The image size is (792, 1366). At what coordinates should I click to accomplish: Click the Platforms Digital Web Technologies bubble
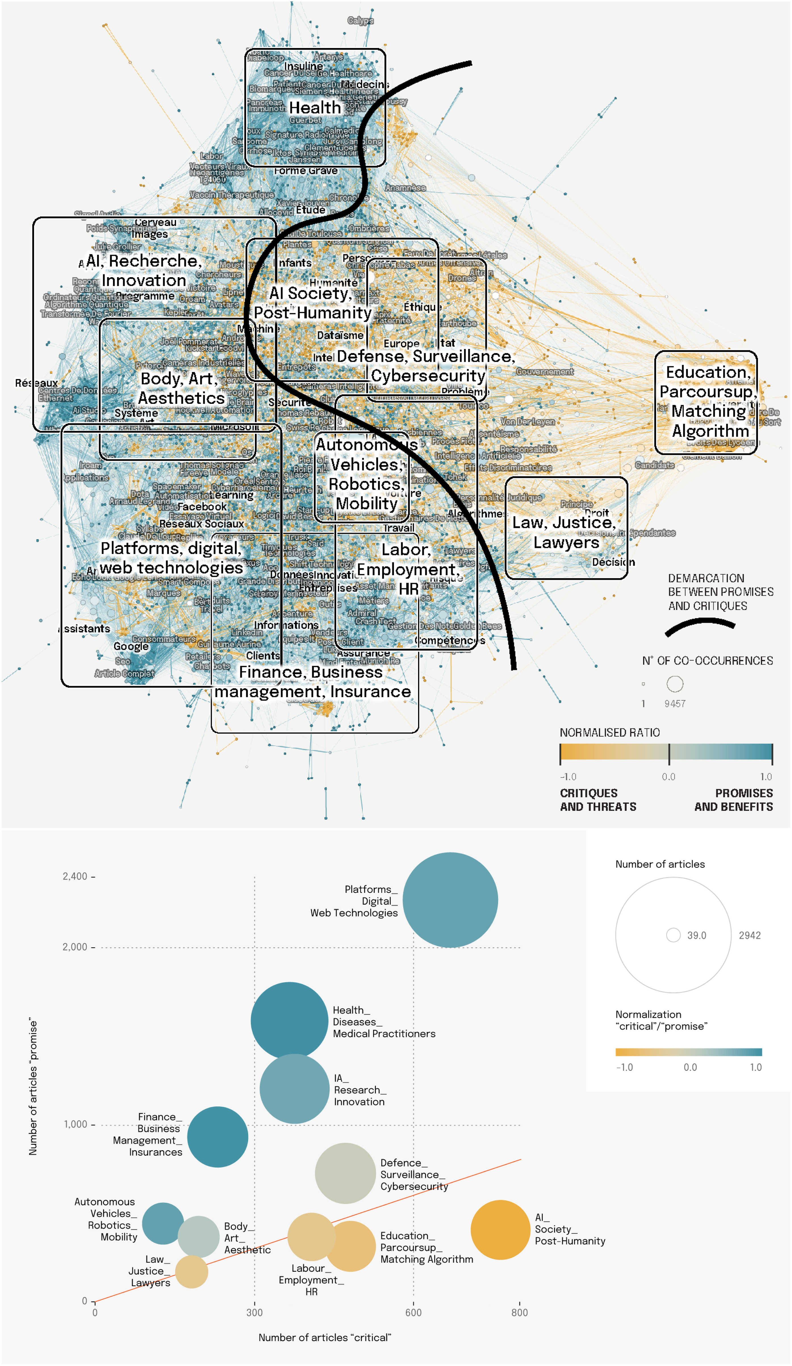[x=450, y=900]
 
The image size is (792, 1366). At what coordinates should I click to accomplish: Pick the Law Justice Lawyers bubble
[x=191, y=1272]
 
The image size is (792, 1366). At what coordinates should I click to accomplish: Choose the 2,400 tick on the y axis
[x=75, y=876]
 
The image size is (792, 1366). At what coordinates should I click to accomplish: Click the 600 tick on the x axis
[x=413, y=1312]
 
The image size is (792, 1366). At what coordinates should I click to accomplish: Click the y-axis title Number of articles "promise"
[x=33, y=1087]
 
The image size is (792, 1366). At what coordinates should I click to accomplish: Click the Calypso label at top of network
[x=360, y=21]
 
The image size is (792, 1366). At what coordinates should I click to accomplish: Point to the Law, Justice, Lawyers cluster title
[x=565, y=532]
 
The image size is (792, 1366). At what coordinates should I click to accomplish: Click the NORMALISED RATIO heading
[x=609, y=733]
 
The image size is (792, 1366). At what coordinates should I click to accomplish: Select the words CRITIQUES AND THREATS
[x=597, y=800]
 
